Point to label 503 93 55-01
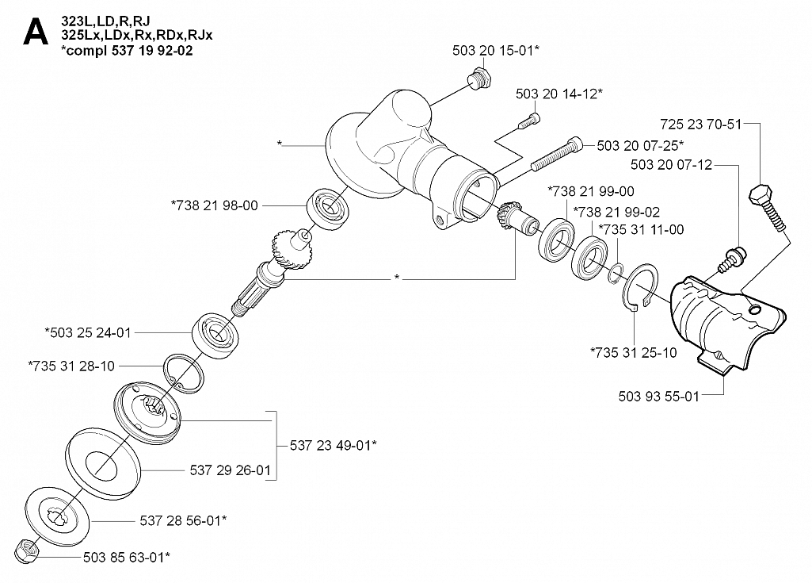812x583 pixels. [x=658, y=395]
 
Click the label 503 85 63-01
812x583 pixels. [x=126, y=558]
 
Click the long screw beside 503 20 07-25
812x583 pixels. [x=558, y=154]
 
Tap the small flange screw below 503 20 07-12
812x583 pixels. [x=733, y=256]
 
